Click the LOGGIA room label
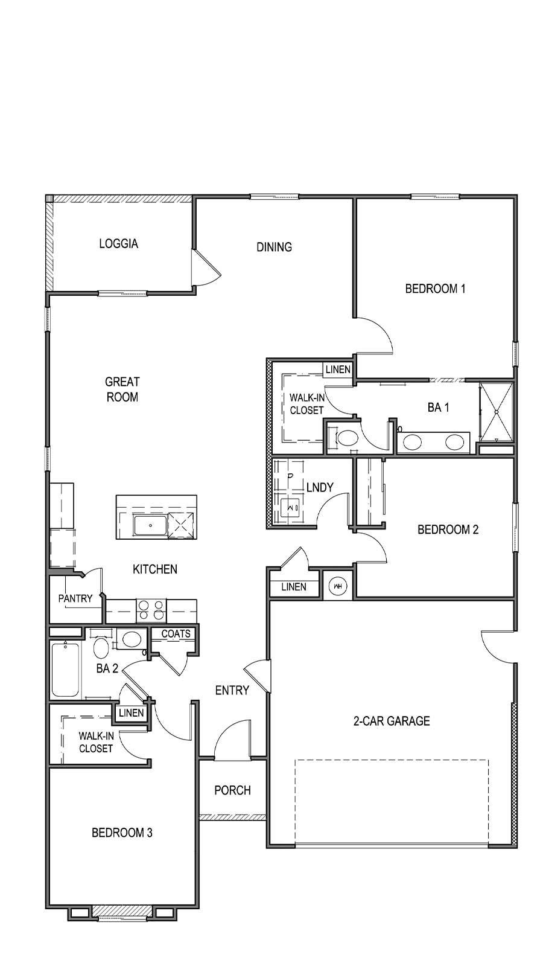pos(118,243)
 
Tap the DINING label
pos(274,246)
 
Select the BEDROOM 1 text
pos(435,289)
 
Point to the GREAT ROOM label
pos(122,389)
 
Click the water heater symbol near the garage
pos(337,586)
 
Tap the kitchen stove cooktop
pos(151,610)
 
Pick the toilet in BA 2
pos(101,648)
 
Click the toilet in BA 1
pos(346,438)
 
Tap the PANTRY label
pos(75,598)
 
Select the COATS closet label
pos(176,633)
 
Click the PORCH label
pos(232,790)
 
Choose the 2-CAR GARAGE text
pos(392,720)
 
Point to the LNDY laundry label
pos(320,487)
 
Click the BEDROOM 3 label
pos(122,833)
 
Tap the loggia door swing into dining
pos(205,267)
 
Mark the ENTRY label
pos(232,690)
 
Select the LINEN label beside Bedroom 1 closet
pos(338,369)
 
